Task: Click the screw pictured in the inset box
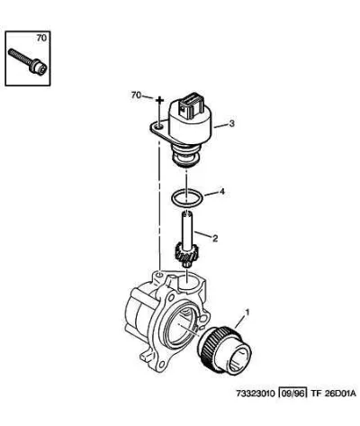28,61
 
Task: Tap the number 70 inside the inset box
41,38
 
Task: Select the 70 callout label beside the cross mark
136,95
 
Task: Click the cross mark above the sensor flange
159,100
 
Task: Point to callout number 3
231,123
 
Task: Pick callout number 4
221,192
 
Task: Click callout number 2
215,239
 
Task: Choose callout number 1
247,313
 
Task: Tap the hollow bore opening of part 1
238,358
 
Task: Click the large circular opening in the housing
180,328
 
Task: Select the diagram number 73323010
256,393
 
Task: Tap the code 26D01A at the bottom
339,393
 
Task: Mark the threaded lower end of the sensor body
185,156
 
